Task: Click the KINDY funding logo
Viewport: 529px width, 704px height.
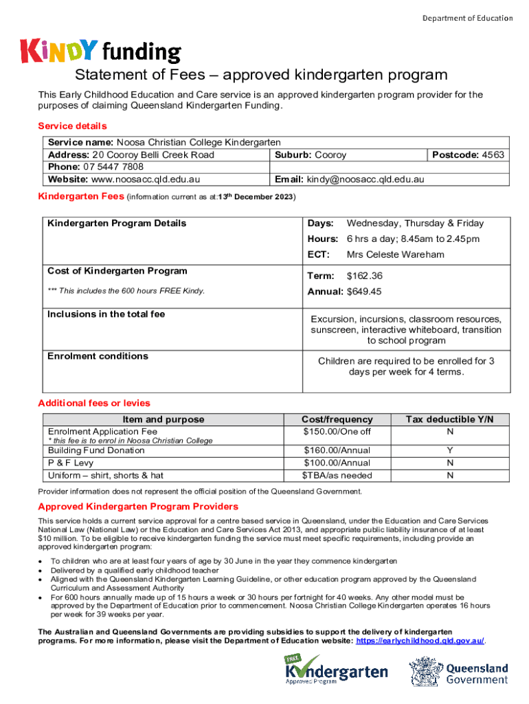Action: (101, 51)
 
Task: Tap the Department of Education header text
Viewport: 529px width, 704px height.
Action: (467, 18)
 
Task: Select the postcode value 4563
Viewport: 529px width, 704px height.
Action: (493, 155)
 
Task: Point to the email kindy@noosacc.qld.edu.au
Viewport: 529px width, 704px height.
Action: (367, 179)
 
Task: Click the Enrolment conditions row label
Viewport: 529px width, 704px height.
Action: (98, 356)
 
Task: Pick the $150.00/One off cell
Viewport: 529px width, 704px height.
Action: (337, 432)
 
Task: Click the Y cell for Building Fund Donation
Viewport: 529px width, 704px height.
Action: (449, 450)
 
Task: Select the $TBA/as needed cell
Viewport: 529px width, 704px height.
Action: (337, 475)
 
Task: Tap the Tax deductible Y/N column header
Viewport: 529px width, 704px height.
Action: (449, 419)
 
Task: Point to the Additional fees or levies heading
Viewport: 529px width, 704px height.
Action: (93, 403)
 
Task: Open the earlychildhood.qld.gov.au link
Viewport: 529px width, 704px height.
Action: (419, 640)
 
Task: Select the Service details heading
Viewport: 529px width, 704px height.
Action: (72, 126)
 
